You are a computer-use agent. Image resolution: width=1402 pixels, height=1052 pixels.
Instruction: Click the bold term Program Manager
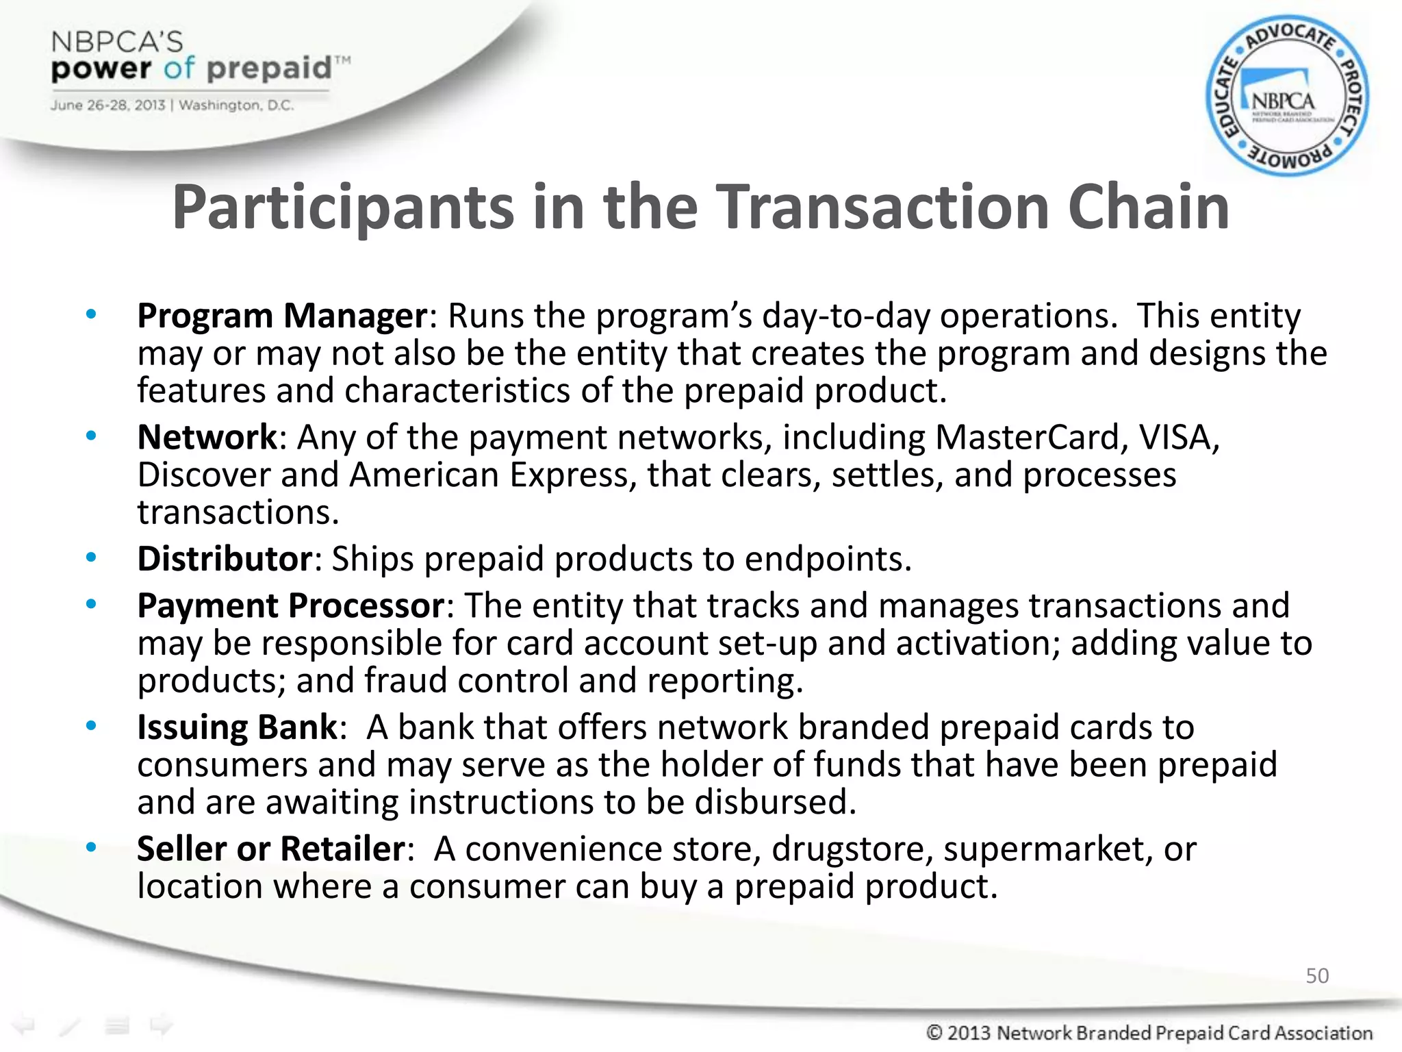282,316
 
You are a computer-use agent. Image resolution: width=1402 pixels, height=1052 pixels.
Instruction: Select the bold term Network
207,438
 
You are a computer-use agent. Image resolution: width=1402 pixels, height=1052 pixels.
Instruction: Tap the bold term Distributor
225,559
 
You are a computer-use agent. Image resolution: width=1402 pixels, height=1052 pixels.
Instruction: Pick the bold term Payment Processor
291,606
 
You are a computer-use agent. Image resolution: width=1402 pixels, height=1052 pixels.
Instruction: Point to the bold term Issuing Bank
237,727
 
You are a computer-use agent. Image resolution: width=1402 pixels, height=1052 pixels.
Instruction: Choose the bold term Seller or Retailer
271,849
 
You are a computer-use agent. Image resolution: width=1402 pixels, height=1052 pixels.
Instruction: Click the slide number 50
1316,975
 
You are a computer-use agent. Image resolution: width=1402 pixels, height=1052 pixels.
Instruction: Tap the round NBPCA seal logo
1286,97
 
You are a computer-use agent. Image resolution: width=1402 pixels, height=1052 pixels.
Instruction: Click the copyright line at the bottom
1149,1033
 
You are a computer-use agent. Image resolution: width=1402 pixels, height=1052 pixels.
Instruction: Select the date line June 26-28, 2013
171,105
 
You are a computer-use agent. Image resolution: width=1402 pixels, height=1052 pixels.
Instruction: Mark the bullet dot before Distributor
91,558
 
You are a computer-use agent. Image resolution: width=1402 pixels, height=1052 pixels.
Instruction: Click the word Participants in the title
343,208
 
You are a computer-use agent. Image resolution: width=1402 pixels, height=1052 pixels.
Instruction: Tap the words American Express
489,475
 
